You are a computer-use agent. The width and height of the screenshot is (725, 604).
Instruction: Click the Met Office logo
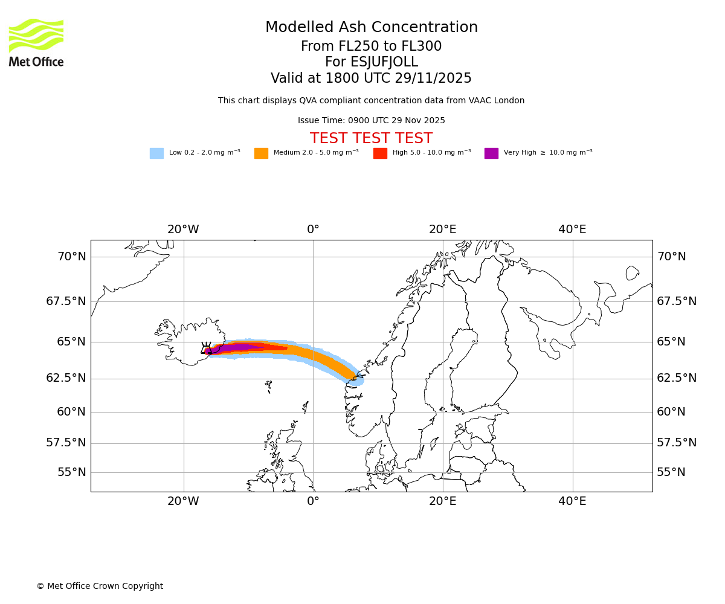point(36,42)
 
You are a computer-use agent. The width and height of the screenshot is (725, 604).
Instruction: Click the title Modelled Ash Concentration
point(371,28)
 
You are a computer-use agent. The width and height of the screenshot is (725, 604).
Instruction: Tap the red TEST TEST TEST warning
point(371,139)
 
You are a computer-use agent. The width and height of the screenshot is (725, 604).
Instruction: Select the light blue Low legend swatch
point(156,153)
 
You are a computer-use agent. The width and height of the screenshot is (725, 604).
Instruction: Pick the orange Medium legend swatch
point(261,153)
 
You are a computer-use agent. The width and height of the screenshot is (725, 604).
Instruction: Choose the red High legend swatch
point(380,153)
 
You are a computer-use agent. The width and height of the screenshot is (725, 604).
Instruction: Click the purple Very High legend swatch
point(491,153)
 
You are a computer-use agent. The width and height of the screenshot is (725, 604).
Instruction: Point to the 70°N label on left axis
point(71,257)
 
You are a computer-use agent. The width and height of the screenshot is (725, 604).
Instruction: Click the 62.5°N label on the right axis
point(677,378)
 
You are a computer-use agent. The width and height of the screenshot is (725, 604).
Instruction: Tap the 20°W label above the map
point(183,230)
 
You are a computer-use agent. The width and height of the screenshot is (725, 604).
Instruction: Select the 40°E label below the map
point(572,501)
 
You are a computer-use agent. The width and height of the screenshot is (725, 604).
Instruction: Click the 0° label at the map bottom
point(313,501)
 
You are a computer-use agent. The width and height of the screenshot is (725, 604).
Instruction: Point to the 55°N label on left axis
point(71,472)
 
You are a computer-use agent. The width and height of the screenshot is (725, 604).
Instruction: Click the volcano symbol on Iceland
point(206,348)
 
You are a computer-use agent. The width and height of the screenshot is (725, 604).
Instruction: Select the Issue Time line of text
point(371,121)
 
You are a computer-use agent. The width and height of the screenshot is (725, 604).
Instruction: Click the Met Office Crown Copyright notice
point(100,586)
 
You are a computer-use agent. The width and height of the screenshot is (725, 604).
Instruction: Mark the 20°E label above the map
point(442,230)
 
